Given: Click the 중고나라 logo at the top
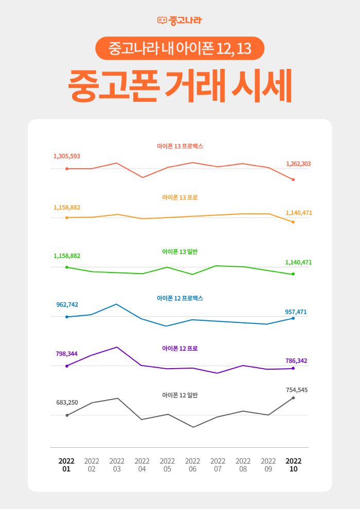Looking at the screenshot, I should (x=179, y=21).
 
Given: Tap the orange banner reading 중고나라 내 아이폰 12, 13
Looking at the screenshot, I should (x=179, y=48).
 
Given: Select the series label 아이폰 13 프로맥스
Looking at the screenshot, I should (x=180, y=147).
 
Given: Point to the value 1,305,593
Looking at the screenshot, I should (x=67, y=156).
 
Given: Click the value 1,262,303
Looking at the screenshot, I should (x=298, y=164).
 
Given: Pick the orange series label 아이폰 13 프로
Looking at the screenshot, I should (x=180, y=197).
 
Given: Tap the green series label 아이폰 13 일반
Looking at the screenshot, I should (x=180, y=252).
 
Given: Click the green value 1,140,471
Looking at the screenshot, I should (x=298, y=263).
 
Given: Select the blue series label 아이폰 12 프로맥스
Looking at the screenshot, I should (x=180, y=298).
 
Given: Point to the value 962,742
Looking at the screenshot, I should (x=67, y=305).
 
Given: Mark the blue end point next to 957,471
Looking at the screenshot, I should (x=293, y=318).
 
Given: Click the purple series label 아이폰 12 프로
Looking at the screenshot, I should (x=180, y=349).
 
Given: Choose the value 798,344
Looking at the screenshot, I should (x=67, y=354).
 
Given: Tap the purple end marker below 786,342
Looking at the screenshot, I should (x=293, y=369).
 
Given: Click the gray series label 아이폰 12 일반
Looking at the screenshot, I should (x=180, y=395).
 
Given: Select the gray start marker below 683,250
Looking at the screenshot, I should (x=67, y=415).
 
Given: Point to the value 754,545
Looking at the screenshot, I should (x=297, y=390).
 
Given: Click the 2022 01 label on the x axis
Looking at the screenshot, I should (x=66, y=465).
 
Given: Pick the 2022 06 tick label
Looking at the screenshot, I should (x=192, y=465).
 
